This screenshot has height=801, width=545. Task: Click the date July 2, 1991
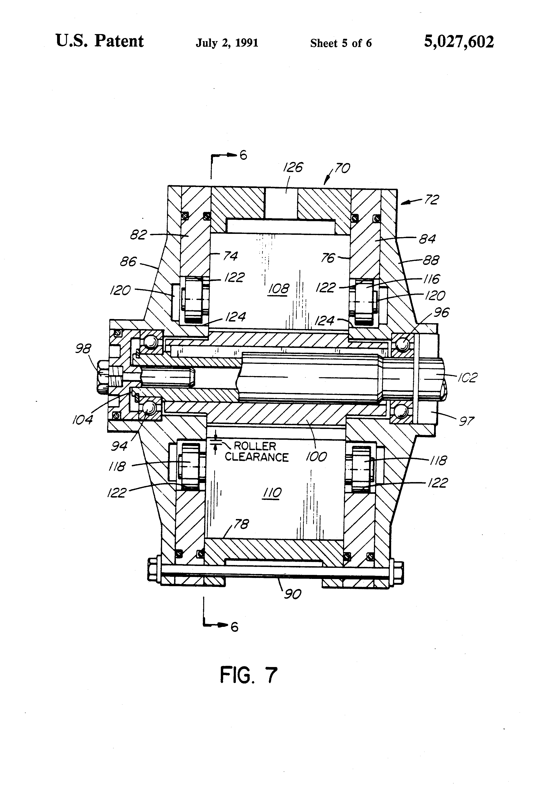click(227, 43)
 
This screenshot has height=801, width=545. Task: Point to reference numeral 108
click(279, 289)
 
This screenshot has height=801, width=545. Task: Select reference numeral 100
click(316, 457)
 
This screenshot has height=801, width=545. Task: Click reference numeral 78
click(241, 524)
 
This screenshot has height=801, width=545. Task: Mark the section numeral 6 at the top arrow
click(243, 155)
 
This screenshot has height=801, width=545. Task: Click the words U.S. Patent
click(99, 41)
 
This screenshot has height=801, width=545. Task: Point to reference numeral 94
click(119, 446)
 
